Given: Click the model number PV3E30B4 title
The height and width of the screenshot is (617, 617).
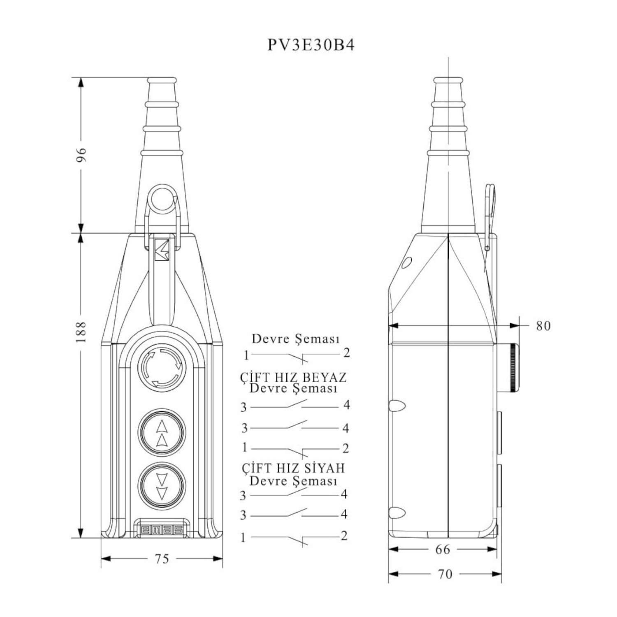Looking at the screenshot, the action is (x=311, y=45).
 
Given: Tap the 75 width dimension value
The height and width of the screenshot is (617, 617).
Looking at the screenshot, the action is (x=162, y=559).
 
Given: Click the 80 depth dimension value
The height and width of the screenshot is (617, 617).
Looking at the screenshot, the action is (x=543, y=326).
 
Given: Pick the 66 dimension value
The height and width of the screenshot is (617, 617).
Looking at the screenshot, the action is (x=443, y=549).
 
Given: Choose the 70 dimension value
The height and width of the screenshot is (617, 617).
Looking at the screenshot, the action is (x=445, y=574).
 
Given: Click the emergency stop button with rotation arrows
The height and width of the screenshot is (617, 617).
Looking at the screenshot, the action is (x=162, y=367).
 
